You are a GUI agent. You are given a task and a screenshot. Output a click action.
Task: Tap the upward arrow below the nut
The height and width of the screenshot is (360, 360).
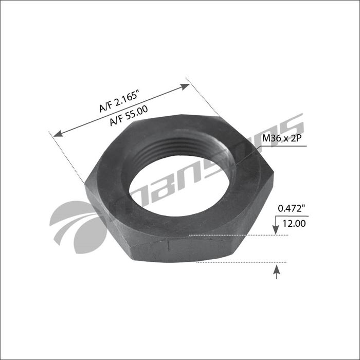(277, 269)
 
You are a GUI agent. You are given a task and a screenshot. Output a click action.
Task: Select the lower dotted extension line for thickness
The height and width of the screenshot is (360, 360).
(242, 262)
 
